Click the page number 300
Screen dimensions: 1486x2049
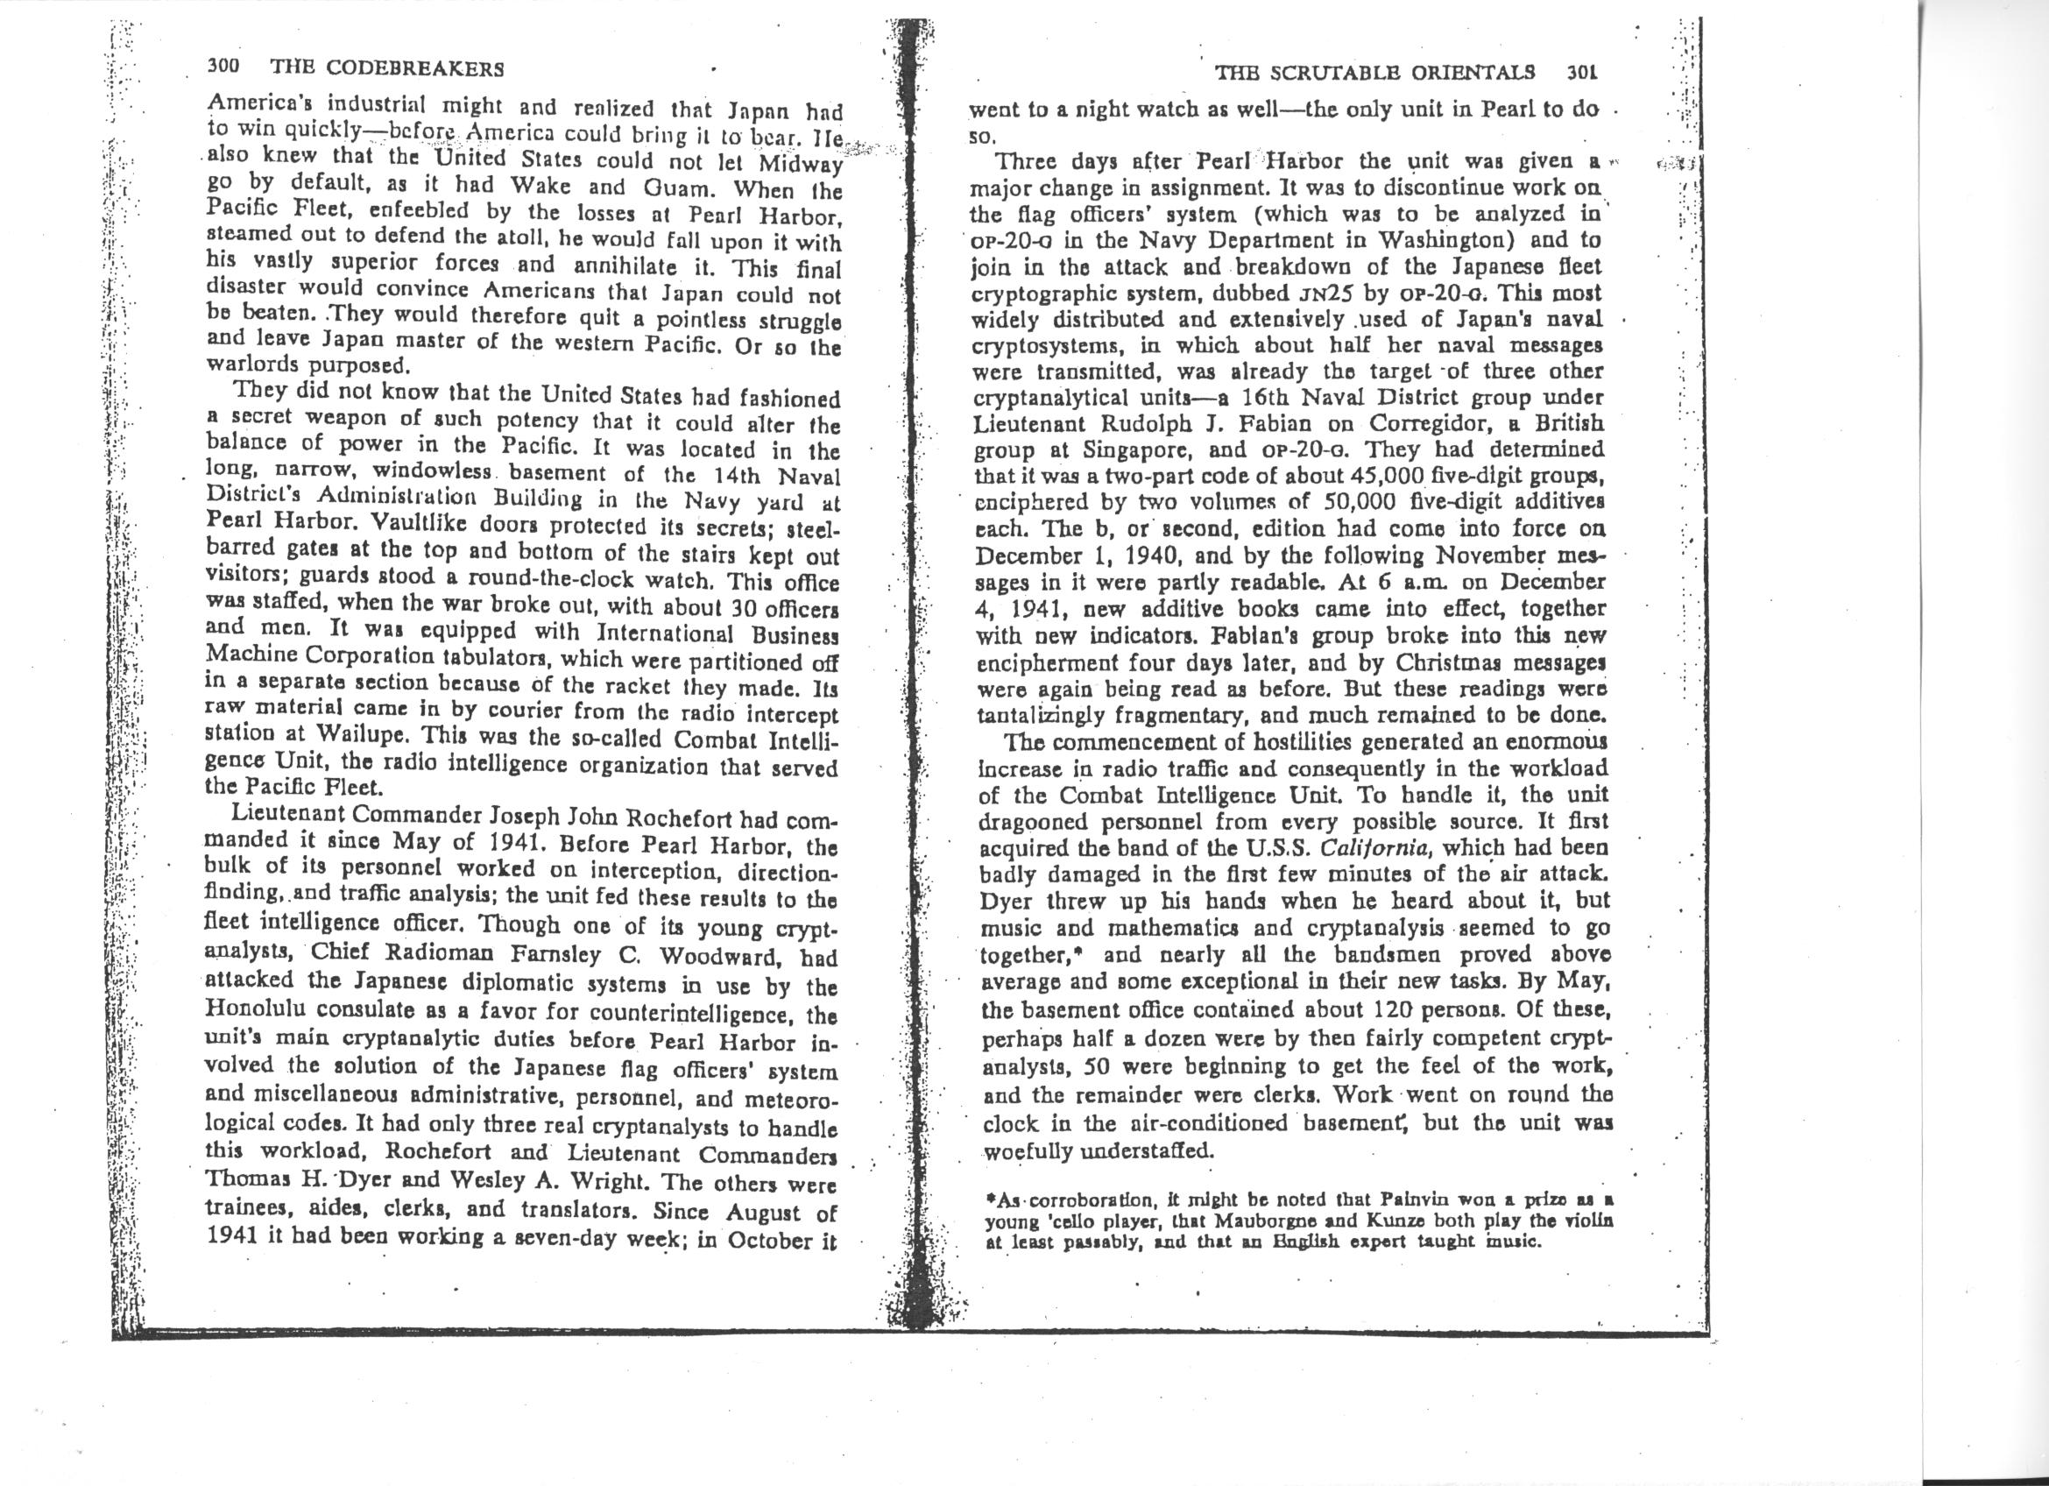[x=222, y=67]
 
